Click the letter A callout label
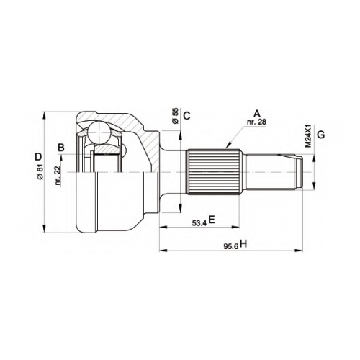(x=257, y=114)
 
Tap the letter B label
(x=61, y=148)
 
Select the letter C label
(x=186, y=116)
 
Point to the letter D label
(x=38, y=157)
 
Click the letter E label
(x=212, y=220)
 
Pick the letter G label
(x=321, y=135)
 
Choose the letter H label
(x=243, y=244)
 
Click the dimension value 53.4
(x=199, y=223)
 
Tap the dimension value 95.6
(x=231, y=247)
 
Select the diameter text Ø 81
(x=40, y=172)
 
